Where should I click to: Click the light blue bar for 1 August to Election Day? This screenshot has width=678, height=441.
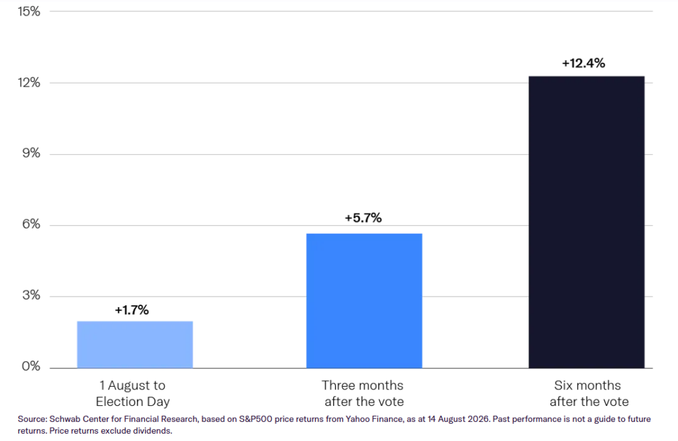(135, 344)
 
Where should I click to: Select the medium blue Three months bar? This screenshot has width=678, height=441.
(364, 301)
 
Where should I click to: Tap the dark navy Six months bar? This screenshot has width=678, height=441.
(587, 222)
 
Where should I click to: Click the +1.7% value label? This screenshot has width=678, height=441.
(132, 310)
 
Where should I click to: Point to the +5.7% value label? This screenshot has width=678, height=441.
(363, 218)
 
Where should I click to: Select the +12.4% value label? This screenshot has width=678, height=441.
(583, 63)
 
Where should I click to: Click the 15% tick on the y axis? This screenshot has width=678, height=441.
(29, 11)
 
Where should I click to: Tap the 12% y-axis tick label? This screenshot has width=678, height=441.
(29, 83)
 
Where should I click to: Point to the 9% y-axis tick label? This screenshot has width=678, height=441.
(31, 153)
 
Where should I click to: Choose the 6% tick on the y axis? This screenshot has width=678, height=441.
(31, 224)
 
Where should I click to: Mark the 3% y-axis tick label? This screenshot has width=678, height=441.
(31, 295)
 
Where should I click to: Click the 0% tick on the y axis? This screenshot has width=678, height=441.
(31, 366)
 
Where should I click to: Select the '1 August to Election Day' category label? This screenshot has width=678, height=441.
(132, 393)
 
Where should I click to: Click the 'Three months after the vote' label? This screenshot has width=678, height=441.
(363, 393)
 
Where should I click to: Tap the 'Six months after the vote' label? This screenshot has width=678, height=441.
(589, 393)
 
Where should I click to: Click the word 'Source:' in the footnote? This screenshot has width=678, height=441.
(32, 419)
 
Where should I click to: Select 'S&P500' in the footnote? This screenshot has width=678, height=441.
(256, 419)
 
